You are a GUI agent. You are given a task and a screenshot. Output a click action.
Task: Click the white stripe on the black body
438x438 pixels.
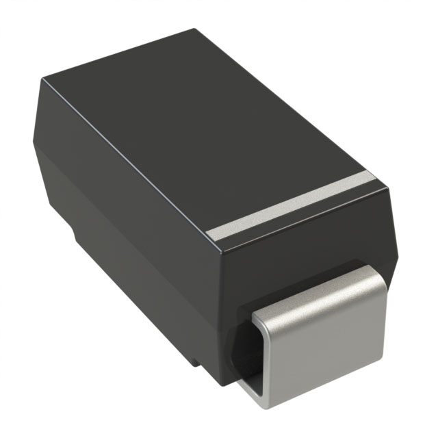point(294,204)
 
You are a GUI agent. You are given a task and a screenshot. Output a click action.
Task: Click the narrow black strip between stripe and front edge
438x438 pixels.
point(301,219)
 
